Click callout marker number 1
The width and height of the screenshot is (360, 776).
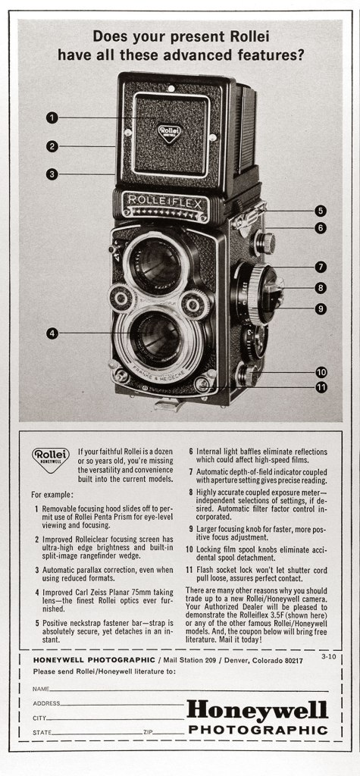(52, 117)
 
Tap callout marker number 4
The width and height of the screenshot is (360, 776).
(52, 333)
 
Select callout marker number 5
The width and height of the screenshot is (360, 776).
(321, 211)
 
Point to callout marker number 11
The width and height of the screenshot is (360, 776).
(321, 388)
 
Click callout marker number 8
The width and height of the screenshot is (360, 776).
(321, 288)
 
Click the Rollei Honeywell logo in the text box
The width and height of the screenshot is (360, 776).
(51, 456)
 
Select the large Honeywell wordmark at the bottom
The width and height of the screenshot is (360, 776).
(257, 711)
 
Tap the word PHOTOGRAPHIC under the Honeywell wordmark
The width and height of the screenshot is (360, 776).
(258, 730)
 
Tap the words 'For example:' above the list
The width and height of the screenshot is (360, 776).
(52, 494)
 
